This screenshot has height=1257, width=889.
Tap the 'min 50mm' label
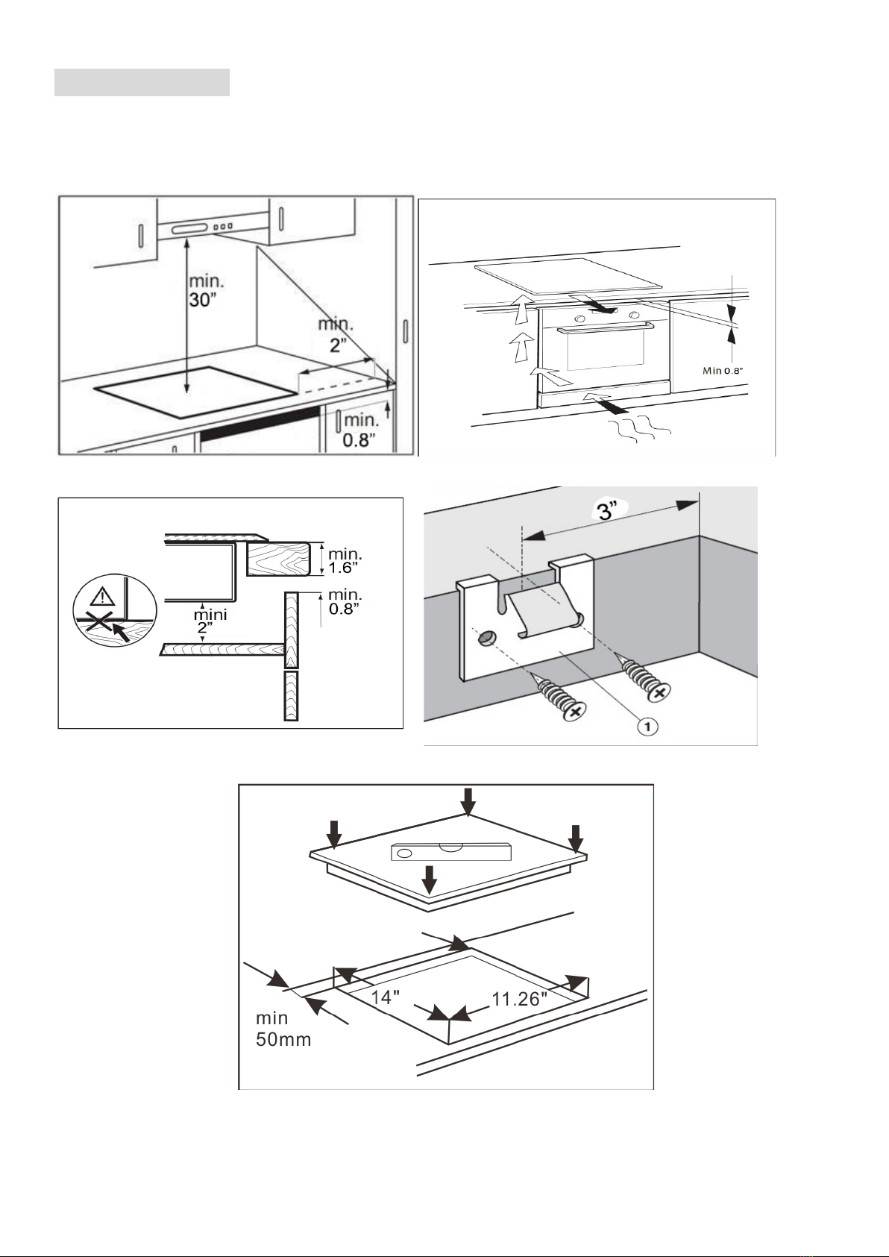coord(283,1029)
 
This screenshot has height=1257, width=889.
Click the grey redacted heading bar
coord(142,84)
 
